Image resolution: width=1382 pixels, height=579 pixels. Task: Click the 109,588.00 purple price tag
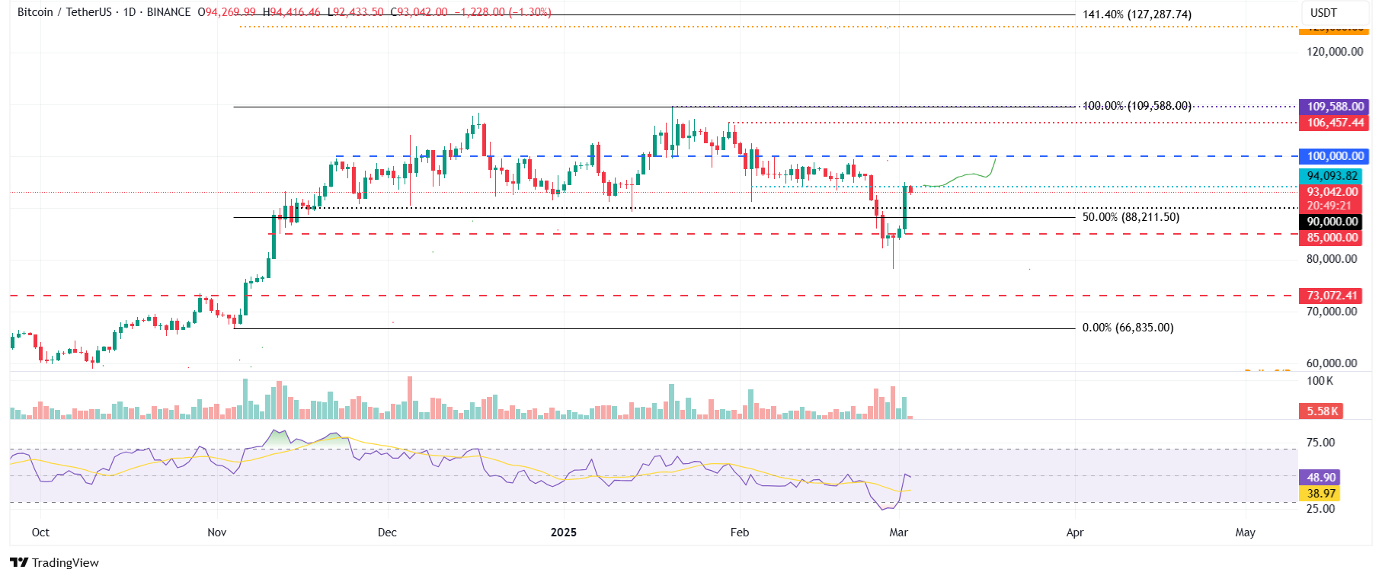point(1335,107)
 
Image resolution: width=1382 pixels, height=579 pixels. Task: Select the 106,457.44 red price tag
point(1335,123)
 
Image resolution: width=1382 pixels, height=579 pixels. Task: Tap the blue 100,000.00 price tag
point(1335,156)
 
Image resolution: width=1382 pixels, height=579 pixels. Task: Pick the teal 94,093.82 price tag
point(1332,176)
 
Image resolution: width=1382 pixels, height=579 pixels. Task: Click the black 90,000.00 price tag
point(1332,222)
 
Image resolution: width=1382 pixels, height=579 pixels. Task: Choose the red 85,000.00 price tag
point(1332,238)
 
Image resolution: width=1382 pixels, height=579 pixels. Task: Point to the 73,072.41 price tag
point(1332,296)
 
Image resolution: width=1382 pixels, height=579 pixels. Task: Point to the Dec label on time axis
point(387,533)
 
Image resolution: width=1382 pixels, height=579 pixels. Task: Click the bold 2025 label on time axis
point(564,533)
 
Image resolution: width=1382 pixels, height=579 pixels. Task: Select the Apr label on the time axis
point(1074,533)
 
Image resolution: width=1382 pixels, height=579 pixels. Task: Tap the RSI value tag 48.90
point(1321,478)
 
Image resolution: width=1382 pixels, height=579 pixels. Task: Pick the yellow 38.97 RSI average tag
point(1321,494)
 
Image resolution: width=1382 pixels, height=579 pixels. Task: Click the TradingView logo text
point(55,563)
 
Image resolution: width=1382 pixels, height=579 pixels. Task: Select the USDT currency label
point(1323,13)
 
